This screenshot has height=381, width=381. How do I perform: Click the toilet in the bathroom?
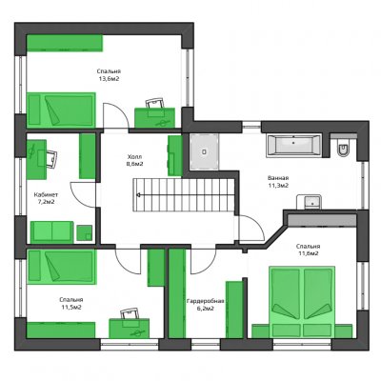343,149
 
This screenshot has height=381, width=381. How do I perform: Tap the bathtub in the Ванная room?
293,146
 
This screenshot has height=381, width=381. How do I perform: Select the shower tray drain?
205,151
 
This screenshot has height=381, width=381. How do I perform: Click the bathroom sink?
309,202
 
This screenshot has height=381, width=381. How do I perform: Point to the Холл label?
134,157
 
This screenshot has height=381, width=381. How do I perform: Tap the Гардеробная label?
206,301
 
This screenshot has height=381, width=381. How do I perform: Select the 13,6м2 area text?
109,79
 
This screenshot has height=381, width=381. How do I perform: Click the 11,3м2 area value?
278,186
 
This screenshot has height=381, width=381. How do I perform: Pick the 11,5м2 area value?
71,307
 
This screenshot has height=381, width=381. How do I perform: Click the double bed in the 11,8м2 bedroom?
302,302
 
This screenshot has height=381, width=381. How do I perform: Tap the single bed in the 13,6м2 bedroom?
61,110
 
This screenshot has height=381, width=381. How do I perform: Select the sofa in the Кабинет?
52,232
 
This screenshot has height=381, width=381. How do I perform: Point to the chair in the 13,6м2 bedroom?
155,104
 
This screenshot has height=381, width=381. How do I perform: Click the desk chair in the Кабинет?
51,158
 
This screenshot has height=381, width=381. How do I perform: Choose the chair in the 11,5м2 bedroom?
130,313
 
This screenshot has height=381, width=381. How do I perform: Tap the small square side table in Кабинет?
85,232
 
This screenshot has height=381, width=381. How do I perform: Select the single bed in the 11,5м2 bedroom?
61,267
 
